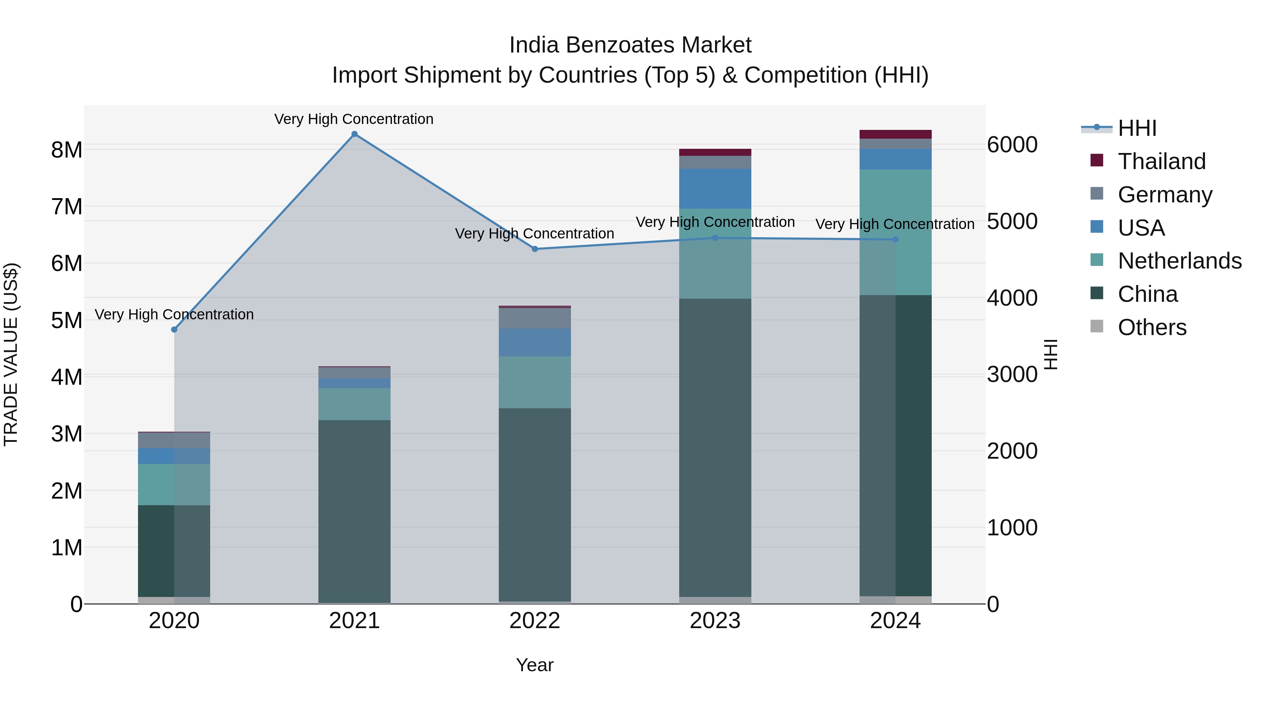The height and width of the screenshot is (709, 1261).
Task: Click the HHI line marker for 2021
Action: tap(354, 134)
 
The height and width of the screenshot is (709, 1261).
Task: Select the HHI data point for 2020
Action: tap(174, 330)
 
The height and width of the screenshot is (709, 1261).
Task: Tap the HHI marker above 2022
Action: tap(535, 249)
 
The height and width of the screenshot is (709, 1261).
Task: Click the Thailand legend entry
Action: tap(1161, 161)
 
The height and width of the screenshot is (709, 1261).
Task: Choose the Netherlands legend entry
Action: tap(1179, 261)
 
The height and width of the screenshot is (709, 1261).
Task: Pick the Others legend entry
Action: tap(1151, 327)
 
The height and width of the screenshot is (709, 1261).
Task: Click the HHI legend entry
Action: tap(1137, 128)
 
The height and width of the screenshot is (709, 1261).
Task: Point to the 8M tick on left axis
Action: tap(67, 150)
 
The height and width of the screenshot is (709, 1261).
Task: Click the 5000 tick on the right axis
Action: tap(1011, 222)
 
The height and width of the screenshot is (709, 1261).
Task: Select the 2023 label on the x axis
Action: tap(715, 621)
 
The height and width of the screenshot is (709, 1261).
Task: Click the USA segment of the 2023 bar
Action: tap(715, 188)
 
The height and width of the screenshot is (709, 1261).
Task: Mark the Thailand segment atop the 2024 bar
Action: tap(895, 134)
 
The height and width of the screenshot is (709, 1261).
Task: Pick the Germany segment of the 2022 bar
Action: tap(535, 318)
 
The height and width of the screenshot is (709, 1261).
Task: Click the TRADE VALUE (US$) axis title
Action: tap(11, 354)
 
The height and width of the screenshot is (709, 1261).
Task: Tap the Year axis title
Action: tap(535, 665)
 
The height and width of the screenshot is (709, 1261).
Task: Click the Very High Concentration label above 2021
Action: tap(353, 119)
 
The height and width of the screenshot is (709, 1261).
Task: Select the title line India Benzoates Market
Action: tap(630, 45)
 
